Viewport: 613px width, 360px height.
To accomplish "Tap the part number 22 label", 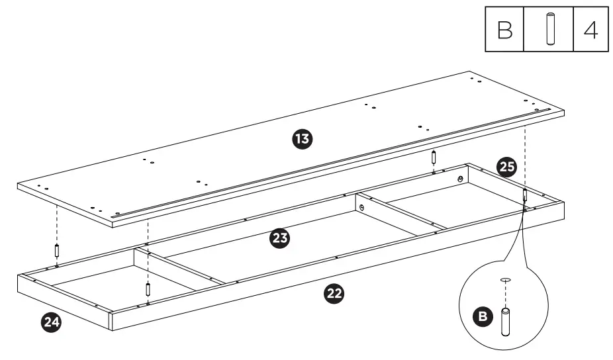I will (335, 293).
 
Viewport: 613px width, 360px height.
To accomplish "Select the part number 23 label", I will (280, 239).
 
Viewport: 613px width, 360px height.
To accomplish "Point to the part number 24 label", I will (50, 322).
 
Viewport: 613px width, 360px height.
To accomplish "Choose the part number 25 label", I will (506, 167).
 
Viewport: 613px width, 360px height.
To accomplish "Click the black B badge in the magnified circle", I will (485, 317).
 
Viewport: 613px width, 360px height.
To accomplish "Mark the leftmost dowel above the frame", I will (57, 251).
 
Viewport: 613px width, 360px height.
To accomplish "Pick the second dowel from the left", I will (148, 289).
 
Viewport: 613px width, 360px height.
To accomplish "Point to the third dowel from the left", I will (433, 159).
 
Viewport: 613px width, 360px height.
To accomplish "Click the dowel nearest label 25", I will (524, 195).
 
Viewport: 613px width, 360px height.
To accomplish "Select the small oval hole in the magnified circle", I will (506, 280).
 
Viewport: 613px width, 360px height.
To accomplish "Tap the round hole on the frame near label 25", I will (460, 179).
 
